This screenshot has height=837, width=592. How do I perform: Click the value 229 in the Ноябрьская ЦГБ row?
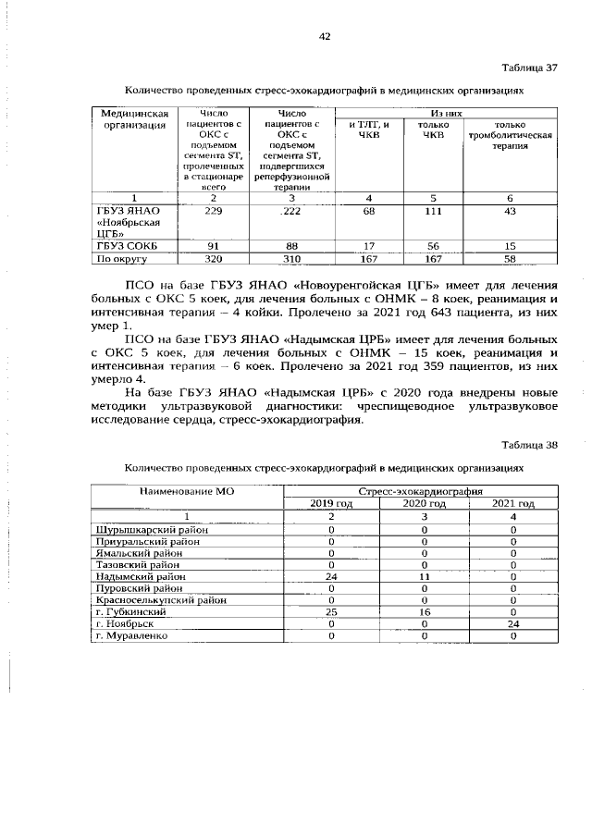point(214,212)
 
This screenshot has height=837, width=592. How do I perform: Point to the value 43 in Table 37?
point(510,212)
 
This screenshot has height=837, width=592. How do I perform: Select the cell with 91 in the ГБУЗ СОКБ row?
point(214,246)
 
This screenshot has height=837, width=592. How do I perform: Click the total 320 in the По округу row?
point(214,258)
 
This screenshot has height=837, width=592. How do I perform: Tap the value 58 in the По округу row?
point(510,258)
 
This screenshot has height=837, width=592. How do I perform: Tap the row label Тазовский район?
point(137,563)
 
